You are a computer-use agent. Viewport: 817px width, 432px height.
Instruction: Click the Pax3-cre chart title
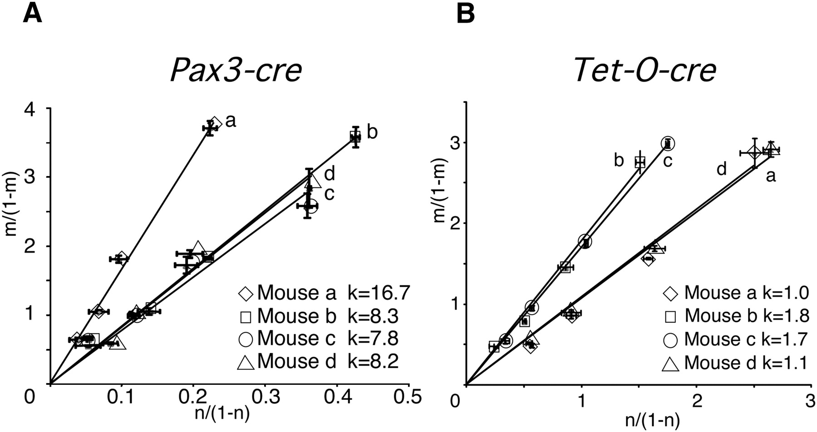click(x=236, y=70)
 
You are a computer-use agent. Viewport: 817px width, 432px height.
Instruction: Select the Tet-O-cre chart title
click(x=645, y=70)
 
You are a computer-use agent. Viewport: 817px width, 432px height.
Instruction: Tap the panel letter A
click(x=32, y=13)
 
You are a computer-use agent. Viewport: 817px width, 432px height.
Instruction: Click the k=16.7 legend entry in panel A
click(x=324, y=293)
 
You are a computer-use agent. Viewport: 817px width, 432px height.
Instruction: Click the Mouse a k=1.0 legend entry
click(x=735, y=293)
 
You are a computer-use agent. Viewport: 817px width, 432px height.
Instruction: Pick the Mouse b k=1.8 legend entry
click(x=735, y=315)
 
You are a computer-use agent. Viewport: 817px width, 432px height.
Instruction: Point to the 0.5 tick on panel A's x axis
click(x=408, y=397)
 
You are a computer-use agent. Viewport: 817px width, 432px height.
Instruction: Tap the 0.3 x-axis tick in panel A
click(x=265, y=397)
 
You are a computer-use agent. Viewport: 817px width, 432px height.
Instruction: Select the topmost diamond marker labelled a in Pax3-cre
click(x=215, y=123)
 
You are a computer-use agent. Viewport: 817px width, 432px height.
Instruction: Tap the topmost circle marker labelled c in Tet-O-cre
click(x=668, y=143)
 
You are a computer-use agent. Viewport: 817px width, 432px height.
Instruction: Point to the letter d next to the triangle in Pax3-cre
click(x=330, y=174)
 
